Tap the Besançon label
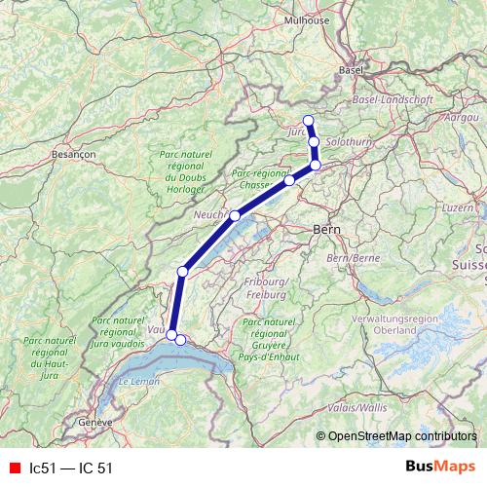pyautogui.click(x=71, y=154)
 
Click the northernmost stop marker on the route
pyautogui.click(x=309, y=121)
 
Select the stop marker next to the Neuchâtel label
pyautogui.click(x=235, y=215)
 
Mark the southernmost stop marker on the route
pyautogui.click(x=180, y=340)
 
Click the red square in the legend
pyautogui.click(x=14, y=468)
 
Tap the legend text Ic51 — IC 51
pyautogui.click(x=71, y=468)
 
